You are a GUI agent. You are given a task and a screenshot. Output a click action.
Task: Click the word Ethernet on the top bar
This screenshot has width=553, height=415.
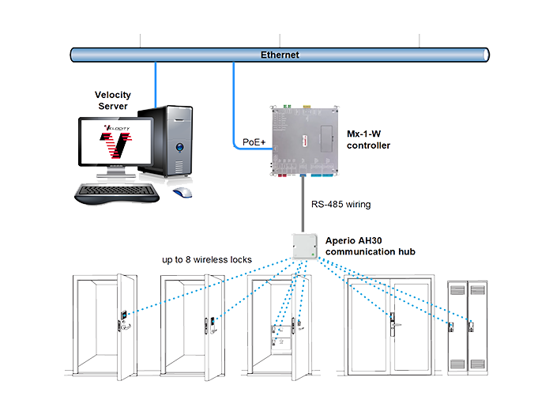280,55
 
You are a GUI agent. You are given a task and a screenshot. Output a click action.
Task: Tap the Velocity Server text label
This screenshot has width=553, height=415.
112,100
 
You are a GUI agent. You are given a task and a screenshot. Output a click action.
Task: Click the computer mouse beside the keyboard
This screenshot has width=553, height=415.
182,191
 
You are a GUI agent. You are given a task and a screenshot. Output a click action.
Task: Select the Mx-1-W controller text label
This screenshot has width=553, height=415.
368,141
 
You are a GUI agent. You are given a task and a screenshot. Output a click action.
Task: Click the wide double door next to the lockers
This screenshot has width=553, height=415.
389,324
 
